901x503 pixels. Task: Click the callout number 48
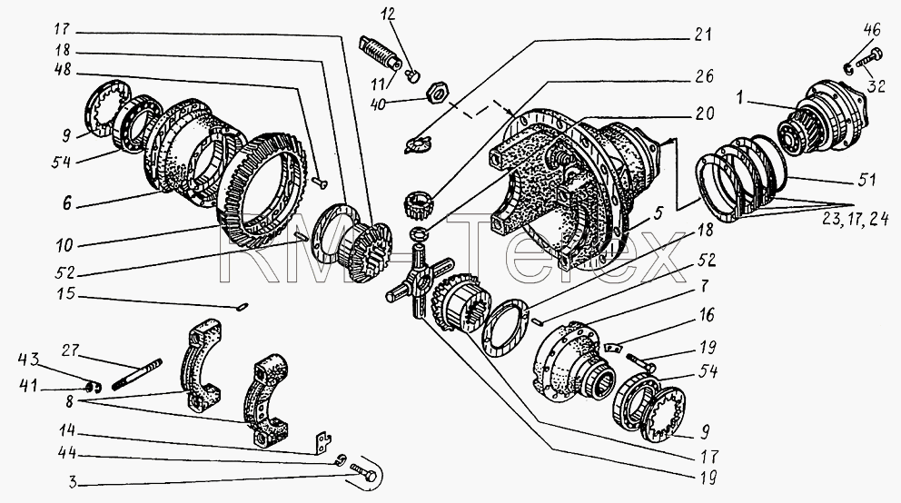63,70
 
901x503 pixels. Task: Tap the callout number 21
701,34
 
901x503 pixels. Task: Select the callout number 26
703,75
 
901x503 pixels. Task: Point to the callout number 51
866,179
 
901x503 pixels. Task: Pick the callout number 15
65,293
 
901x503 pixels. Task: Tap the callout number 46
872,30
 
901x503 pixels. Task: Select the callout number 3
73,481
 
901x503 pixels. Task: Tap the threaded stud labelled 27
138,374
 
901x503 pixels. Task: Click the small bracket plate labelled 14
322,443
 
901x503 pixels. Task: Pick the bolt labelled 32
869,61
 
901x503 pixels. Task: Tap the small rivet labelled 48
320,182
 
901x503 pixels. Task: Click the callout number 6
67,202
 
